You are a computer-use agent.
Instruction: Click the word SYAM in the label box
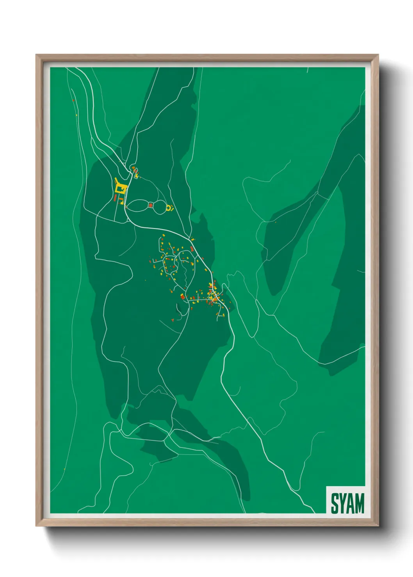click(x=347, y=503)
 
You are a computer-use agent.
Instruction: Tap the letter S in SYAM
click(x=335, y=503)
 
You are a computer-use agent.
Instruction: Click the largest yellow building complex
click(x=121, y=189)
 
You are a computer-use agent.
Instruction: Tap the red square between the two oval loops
click(x=151, y=205)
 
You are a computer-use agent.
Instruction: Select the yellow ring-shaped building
click(x=169, y=208)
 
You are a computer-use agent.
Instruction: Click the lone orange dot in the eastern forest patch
click(x=276, y=222)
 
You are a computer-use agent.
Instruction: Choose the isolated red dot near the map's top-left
click(x=73, y=100)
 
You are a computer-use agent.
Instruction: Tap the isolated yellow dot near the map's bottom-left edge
click(x=64, y=469)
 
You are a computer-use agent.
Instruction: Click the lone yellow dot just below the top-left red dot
click(x=77, y=115)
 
